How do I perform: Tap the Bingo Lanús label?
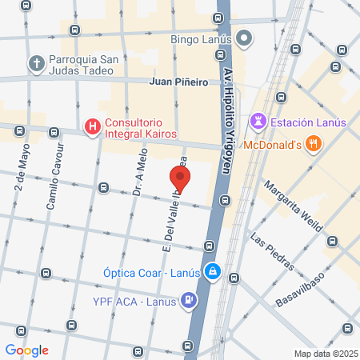[x=201, y=38]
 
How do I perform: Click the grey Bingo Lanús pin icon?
[x=246, y=38]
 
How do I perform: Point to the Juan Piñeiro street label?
[x=179, y=82]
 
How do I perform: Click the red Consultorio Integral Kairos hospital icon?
[x=93, y=126]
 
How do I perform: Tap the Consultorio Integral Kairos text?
[x=140, y=127]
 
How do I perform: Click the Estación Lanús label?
[x=308, y=122]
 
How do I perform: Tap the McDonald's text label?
[x=271, y=145]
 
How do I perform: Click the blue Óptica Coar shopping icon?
[x=212, y=271]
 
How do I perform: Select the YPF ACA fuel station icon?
[x=189, y=301]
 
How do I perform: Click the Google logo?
[x=27, y=350]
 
